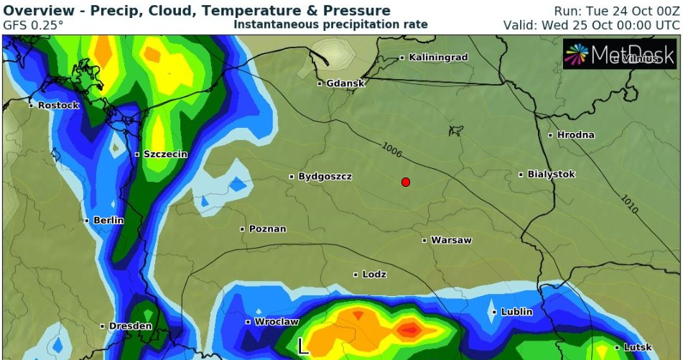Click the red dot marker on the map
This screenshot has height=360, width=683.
(x=406, y=182)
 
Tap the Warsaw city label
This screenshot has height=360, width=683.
(x=450, y=240)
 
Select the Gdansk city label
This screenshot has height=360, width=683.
(x=345, y=83)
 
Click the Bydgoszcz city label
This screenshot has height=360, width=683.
(x=325, y=177)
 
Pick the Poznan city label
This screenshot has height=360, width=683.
(x=267, y=229)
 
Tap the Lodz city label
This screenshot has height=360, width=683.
(x=374, y=274)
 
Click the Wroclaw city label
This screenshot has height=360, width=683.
(x=276, y=322)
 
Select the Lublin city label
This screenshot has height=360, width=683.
(x=516, y=312)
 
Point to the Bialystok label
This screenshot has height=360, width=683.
(x=551, y=175)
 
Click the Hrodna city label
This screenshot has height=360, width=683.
(x=575, y=135)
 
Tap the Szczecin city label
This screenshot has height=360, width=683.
(x=165, y=154)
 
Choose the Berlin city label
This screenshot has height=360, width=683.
(x=108, y=221)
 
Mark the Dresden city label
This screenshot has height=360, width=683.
(x=130, y=326)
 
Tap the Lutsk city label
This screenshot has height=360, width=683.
(x=637, y=348)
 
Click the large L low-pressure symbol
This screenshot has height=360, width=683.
(x=303, y=346)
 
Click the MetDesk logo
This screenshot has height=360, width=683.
(x=619, y=54)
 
